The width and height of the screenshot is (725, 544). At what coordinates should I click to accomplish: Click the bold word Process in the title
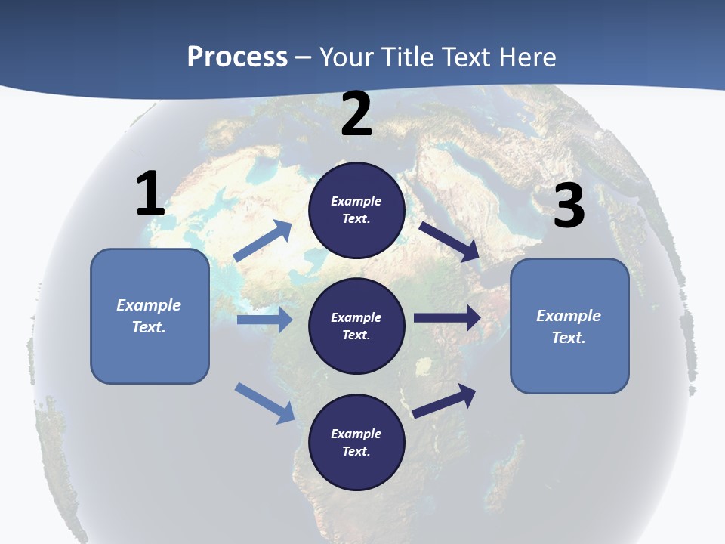[x=237, y=57]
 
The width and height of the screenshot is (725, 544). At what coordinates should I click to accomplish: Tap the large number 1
[x=150, y=194]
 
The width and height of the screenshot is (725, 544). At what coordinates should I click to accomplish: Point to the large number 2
[x=356, y=114]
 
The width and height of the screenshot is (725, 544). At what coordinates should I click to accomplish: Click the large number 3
[x=569, y=206]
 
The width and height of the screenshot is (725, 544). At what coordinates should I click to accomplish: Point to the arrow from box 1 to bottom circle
[x=264, y=403]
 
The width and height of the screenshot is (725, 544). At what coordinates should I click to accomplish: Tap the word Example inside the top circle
[x=356, y=201]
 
